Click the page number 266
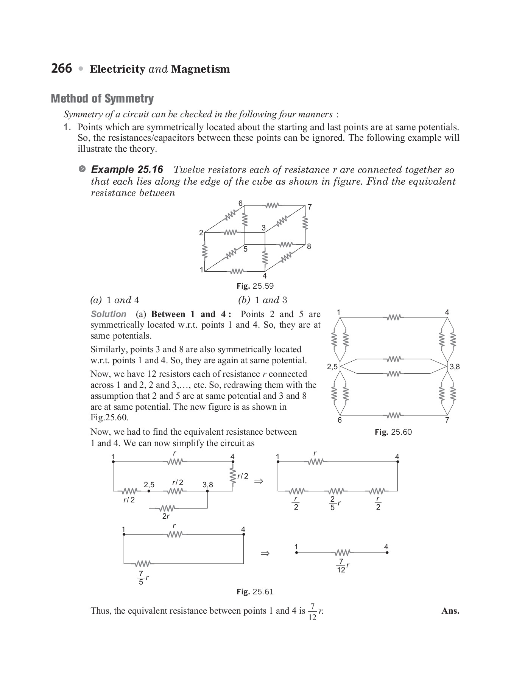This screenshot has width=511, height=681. [61, 68]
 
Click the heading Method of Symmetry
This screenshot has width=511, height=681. [102, 99]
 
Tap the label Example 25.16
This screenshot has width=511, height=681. [127, 169]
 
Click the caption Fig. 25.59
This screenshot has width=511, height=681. [255, 286]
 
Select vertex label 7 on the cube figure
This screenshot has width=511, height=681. [310, 207]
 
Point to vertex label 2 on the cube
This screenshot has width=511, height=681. [201, 232]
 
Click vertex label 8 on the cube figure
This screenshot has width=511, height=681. [309, 246]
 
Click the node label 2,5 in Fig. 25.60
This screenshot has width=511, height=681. [332, 367]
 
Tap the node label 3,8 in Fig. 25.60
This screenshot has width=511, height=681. [455, 367]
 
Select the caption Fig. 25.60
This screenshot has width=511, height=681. [393, 432]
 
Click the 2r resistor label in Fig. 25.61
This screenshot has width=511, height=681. [166, 516]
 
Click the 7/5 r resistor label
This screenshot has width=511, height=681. [143, 578]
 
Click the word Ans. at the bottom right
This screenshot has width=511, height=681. [450, 611]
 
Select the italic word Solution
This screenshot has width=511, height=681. [108, 314]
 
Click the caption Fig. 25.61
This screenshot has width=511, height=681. [255, 592]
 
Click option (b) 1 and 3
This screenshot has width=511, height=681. [263, 300]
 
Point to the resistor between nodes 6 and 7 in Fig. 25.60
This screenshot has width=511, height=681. [394, 415]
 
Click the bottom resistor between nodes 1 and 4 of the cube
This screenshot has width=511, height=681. [237, 271]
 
